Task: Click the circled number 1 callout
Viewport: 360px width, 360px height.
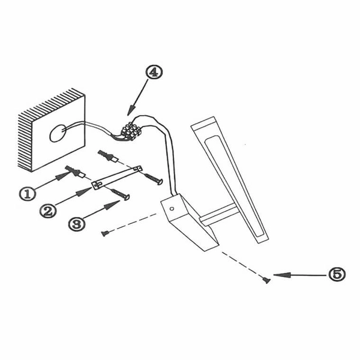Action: point(28,194)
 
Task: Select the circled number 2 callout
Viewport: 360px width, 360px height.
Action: point(48,211)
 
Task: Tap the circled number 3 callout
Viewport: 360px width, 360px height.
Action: point(77,223)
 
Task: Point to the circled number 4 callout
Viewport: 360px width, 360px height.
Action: point(154,72)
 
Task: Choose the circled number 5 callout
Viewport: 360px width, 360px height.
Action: point(337,274)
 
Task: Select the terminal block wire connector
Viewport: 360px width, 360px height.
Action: point(131,131)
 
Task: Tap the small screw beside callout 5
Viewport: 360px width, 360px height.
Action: point(266,280)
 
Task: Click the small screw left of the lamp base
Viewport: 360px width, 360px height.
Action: point(105,233)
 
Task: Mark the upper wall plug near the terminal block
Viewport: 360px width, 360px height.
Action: point(108,156)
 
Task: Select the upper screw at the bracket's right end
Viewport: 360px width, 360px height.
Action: point(154,179)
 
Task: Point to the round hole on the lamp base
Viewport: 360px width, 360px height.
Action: point(172,209)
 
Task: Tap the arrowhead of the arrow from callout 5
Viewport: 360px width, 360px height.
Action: point(281,275)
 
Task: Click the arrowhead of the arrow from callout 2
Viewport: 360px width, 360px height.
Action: point(84,191)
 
